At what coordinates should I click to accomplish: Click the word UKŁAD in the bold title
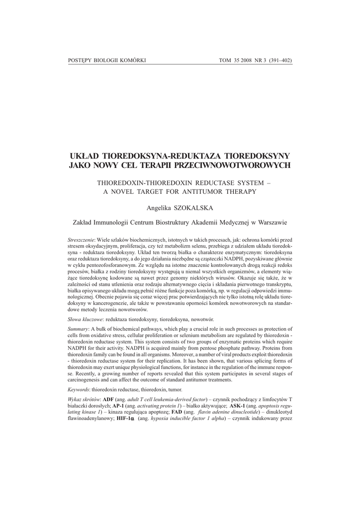pyautogui.click(x=84, y=156)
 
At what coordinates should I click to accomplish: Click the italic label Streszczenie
pyautogui.click(x=81, y=240)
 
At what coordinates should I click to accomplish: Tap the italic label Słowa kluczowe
pyautogui.click(x=85, y=318)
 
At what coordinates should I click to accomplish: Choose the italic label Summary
pyautogui.click(x=78, y=329)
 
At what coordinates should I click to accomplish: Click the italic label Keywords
pyautogui.click(x=79, y=389)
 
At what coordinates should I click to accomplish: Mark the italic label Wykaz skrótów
pyautogui.click(x=84, y=400)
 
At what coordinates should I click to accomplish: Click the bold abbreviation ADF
pyautogui.click(x=109, y=400)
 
